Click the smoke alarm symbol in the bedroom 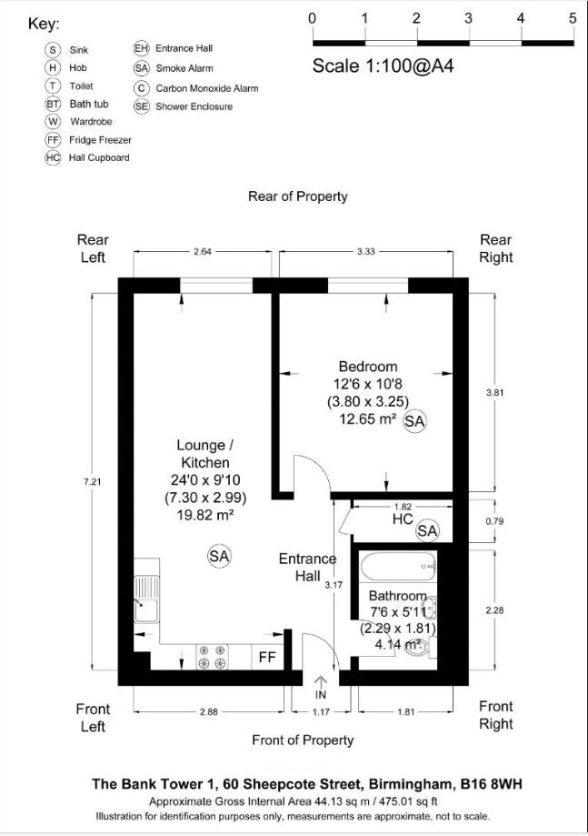point(414,421)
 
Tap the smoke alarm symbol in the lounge point(219,555)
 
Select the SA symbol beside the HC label point(427,530)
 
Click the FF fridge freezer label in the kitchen point(267,657)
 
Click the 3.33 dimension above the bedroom point(365,252)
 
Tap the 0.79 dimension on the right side point(494,521)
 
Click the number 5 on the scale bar point(573,18)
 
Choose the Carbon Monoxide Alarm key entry point(206,88)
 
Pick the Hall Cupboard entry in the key point(99,157)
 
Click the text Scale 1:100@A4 point(372,65)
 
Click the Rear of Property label point(297,196)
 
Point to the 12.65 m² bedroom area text point(367,419)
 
